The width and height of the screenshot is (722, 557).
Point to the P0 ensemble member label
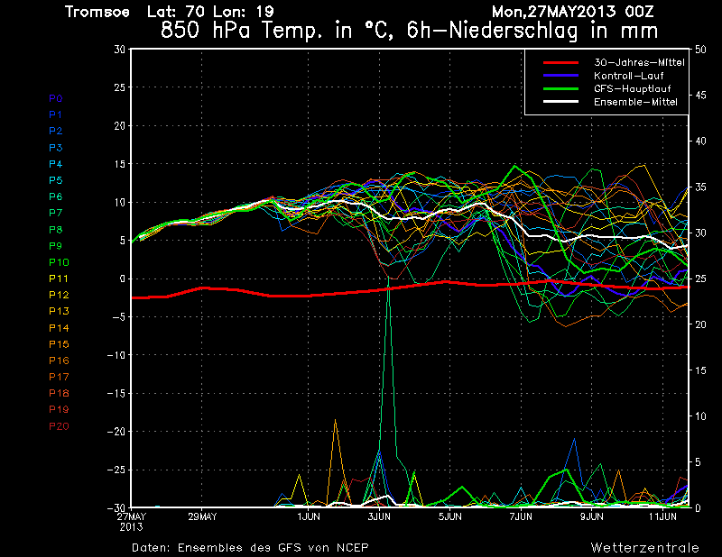point(55,97)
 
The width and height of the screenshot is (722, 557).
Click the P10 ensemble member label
point(58,262)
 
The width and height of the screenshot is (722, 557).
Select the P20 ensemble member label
point(58,426)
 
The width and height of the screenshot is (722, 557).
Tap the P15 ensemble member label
point(58,344)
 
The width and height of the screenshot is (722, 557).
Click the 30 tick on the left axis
point(119,50)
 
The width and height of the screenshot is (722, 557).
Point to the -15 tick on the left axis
point(116,394)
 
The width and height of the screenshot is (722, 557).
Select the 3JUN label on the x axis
point(379,517)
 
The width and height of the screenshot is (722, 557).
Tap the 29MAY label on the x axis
point(202,517)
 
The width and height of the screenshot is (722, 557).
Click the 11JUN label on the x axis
point(663,517)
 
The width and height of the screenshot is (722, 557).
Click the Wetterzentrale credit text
point(644,547)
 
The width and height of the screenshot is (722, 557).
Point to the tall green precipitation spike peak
point(388,278)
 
